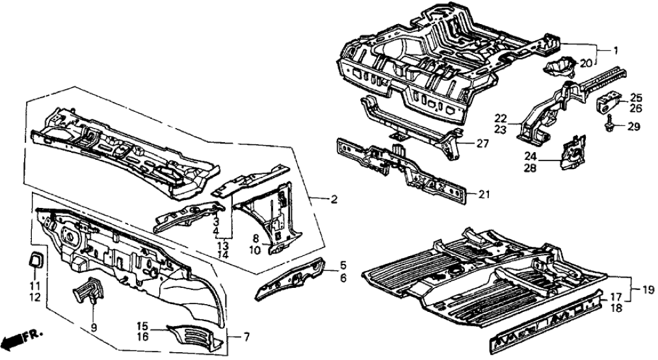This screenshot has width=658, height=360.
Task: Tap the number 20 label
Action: point(585,63)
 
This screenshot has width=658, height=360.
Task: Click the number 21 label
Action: point(484,194)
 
